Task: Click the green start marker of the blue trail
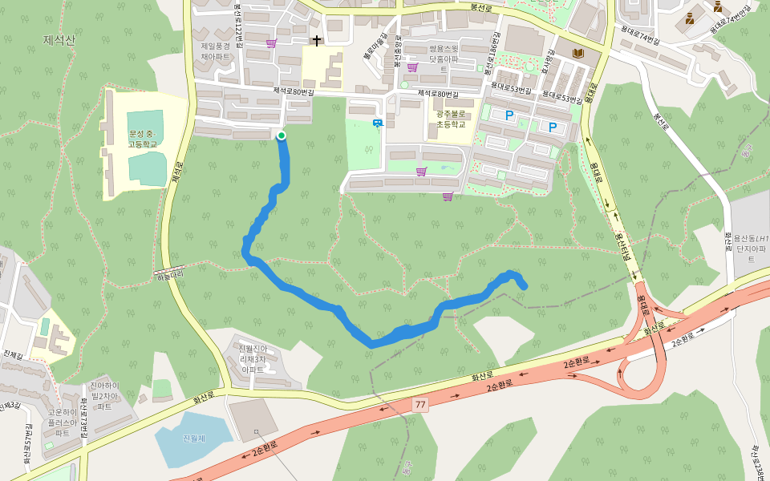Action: [x=282, y=135]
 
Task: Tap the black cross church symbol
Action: [x=317, y=39]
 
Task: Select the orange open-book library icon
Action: [x=577, y=53]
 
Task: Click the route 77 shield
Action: [x=420, y=405]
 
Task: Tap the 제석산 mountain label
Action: [x=59, y=39]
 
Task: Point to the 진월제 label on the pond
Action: [x=194, y=439]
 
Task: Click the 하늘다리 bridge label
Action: [x=171, y=275]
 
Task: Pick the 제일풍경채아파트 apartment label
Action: [x=216, y=51]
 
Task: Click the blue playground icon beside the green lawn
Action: [x=377, y=123]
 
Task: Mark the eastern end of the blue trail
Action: [x=524, y=285]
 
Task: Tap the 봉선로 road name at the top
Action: [x=481, y=7]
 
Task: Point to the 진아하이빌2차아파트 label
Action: [x=105, y=396]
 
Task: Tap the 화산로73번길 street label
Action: [x=83, y=420]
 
